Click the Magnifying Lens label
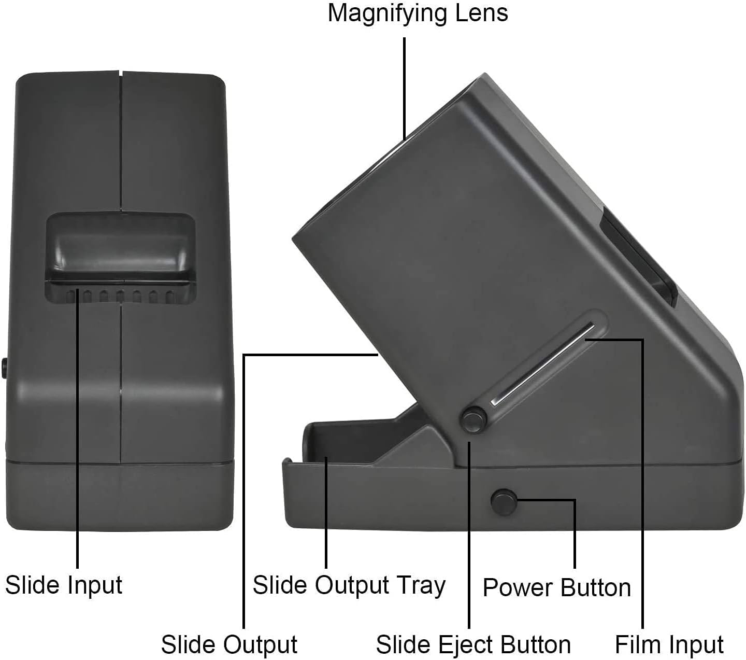pos(418,13)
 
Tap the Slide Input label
pos(64,585)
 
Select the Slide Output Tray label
pos(349,585)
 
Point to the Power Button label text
pos(556,588)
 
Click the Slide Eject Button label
pos(473,644)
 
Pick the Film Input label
pos(669,644)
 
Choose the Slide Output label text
pos(229,644)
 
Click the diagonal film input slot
pos(544,363)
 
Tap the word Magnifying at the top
pos(389,13)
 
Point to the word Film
pos(635,644)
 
